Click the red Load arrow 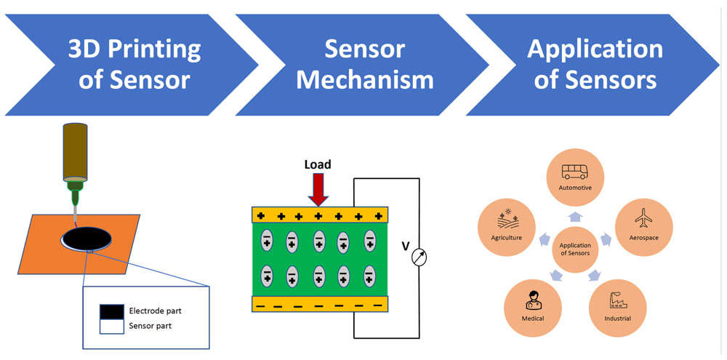coord(318,190)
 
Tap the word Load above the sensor coord(318,165)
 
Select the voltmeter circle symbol coord(419,257)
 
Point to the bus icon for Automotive coord(575,172)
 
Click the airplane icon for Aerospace coord(643,217)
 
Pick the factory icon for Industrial coord(616,299)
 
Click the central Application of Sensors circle coord(575,250)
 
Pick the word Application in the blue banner coord(595,49)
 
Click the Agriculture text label coord(507,238)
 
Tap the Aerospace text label coord(643,238)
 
